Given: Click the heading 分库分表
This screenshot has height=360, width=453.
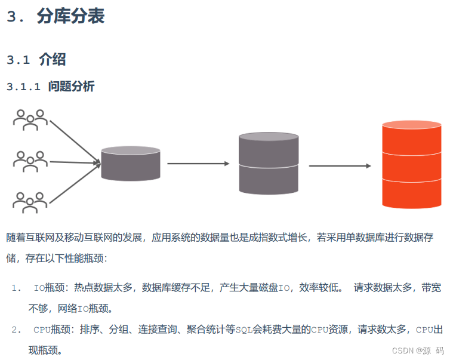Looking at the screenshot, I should [70, 16].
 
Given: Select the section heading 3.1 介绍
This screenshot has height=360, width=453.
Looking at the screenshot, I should [36, 60].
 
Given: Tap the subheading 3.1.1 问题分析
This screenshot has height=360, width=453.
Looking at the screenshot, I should [51, 87].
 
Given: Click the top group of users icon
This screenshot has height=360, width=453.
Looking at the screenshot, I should [30, 119].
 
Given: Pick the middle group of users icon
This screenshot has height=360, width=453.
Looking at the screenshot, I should [30, 161].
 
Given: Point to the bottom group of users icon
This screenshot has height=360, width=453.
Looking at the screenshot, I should [30, 202].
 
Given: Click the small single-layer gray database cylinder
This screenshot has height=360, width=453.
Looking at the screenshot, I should [130, 164].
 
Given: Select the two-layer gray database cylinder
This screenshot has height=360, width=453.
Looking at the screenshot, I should [268, 163].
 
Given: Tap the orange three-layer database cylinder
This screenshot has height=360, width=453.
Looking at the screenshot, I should [411, 164].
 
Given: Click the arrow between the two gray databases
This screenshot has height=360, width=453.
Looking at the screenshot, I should [198, 163].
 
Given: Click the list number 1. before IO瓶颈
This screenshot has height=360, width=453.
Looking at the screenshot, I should [16, 288].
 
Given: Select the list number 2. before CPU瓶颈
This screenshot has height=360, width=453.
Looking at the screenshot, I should [16, 329].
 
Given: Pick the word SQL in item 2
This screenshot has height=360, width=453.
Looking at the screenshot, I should [244, 329].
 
